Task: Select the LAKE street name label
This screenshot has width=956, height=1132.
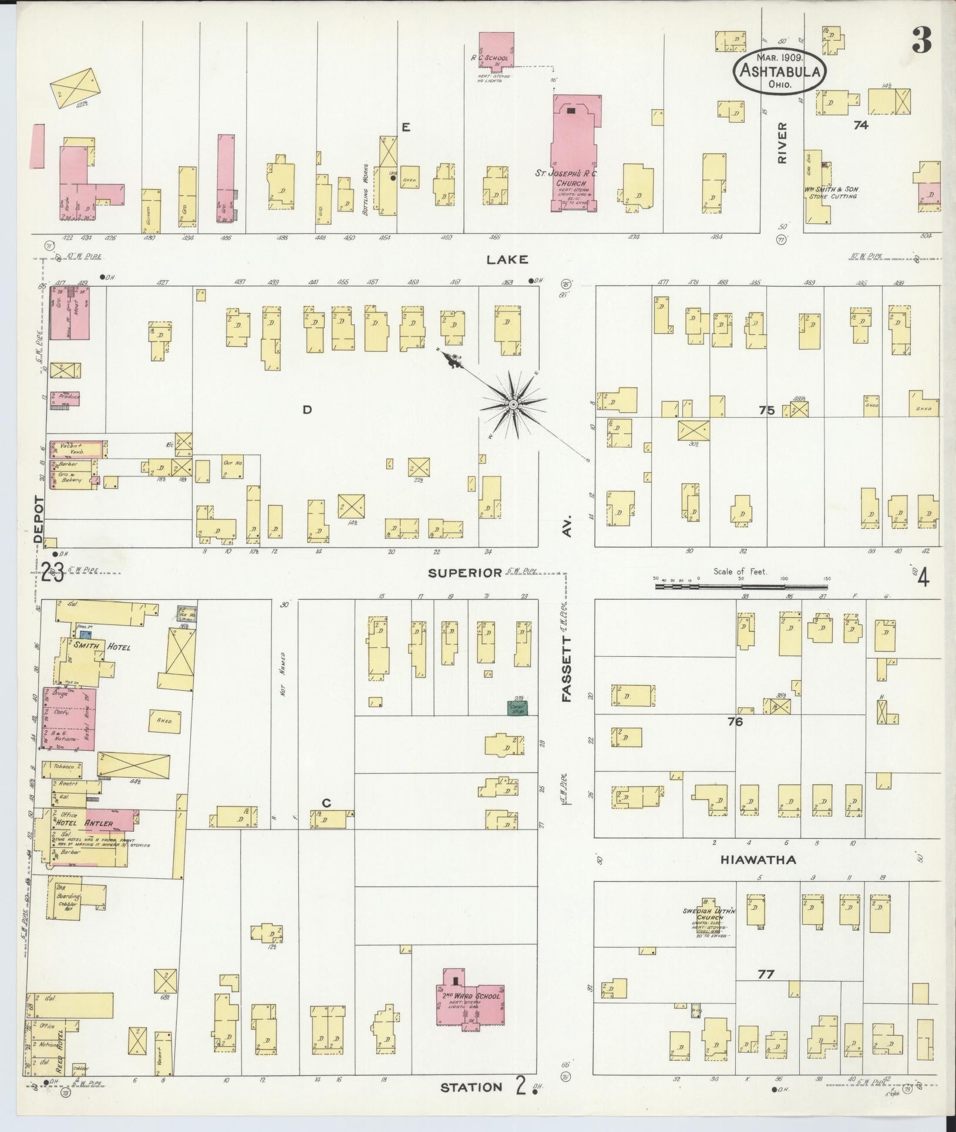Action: coord(507,259)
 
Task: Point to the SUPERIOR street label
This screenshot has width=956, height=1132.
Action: coord(464,572)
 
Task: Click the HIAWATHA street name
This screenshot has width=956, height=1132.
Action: coord(758,859)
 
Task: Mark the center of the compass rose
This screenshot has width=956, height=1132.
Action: coord(513,405)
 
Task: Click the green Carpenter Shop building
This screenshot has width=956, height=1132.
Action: coord(518,707)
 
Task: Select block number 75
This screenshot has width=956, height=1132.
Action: coord(766,411)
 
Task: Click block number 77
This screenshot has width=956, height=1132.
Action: coord(766,974)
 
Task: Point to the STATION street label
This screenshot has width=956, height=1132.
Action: coord(471,1087)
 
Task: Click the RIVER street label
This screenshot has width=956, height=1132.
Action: coord(782,143)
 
